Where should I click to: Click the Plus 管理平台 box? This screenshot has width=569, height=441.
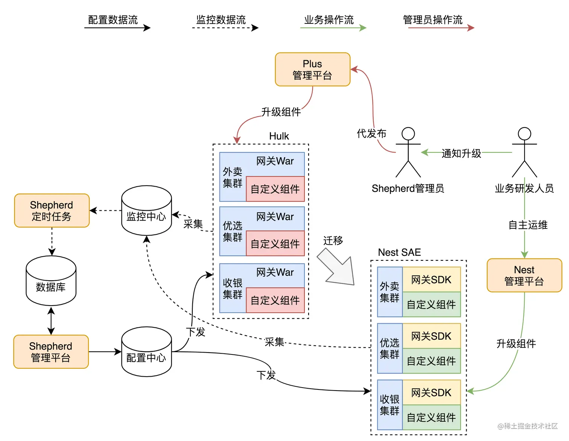coord(312,70)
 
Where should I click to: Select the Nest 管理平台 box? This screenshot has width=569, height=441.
coord(524,275)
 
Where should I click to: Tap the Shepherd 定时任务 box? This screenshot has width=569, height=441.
coord(52,211)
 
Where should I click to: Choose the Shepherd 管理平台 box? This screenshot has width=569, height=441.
coord(51,352)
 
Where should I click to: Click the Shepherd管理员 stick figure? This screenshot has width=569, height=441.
coord(408,153)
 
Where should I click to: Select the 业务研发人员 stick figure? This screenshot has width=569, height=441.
coord(524,153)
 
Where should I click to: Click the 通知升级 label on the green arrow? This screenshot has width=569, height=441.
coord(461,154)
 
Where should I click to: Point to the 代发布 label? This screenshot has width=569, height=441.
coord(371,134)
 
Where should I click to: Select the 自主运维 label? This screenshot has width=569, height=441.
coord(528,225)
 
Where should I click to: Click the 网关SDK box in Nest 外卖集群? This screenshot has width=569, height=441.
coord(431,280)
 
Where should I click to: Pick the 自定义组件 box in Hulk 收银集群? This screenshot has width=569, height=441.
coord(275,300)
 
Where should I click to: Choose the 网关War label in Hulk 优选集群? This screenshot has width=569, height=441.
coord(275,217)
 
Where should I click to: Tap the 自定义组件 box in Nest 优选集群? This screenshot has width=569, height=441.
coord(431,361)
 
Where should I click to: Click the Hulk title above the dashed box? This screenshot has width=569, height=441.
coord(279,136)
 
